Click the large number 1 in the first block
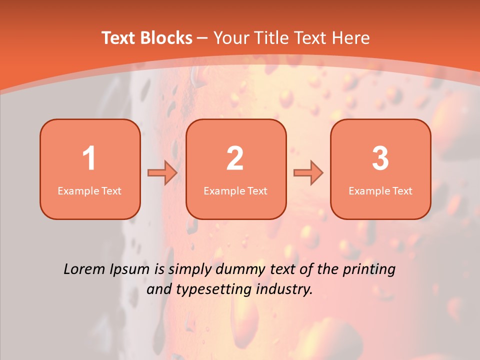(x=89, y=158)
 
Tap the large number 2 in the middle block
(x=235, y=158)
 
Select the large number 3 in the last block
(x=380, y=158)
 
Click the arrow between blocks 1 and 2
(x=162, y=172)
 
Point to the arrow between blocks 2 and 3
(x=308, y=172)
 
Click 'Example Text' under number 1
(x=89, y=191)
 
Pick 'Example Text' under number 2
(x=235, y=191)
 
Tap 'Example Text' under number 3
(x=380, y=191)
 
